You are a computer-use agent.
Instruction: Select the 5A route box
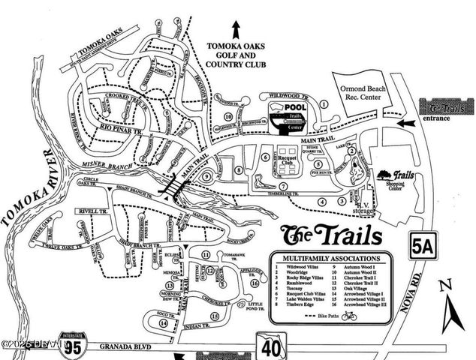424,245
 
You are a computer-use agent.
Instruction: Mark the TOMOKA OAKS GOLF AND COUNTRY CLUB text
236,55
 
